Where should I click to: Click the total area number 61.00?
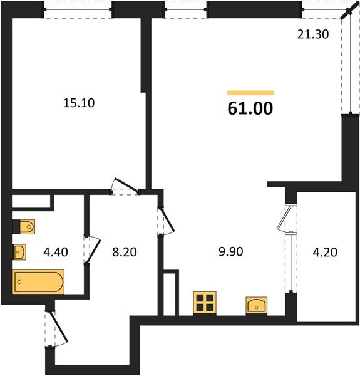(x=250, y=108)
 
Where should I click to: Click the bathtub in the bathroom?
(x=38, y=281)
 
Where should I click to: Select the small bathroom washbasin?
(x=20, y=252)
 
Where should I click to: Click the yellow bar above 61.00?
(x=250, y=93)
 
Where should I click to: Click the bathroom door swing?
(x=92, y=249)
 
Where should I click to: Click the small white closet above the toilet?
(x=31, y=202)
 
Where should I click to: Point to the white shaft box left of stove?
(x=171, y=292)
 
